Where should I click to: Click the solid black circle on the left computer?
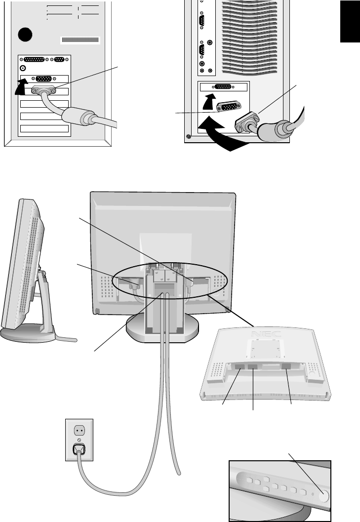pos(26,35)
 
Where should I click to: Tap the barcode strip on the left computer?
pos(80,40)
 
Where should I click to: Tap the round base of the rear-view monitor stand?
pos(163,328)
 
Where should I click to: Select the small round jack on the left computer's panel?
pos(23,68)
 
